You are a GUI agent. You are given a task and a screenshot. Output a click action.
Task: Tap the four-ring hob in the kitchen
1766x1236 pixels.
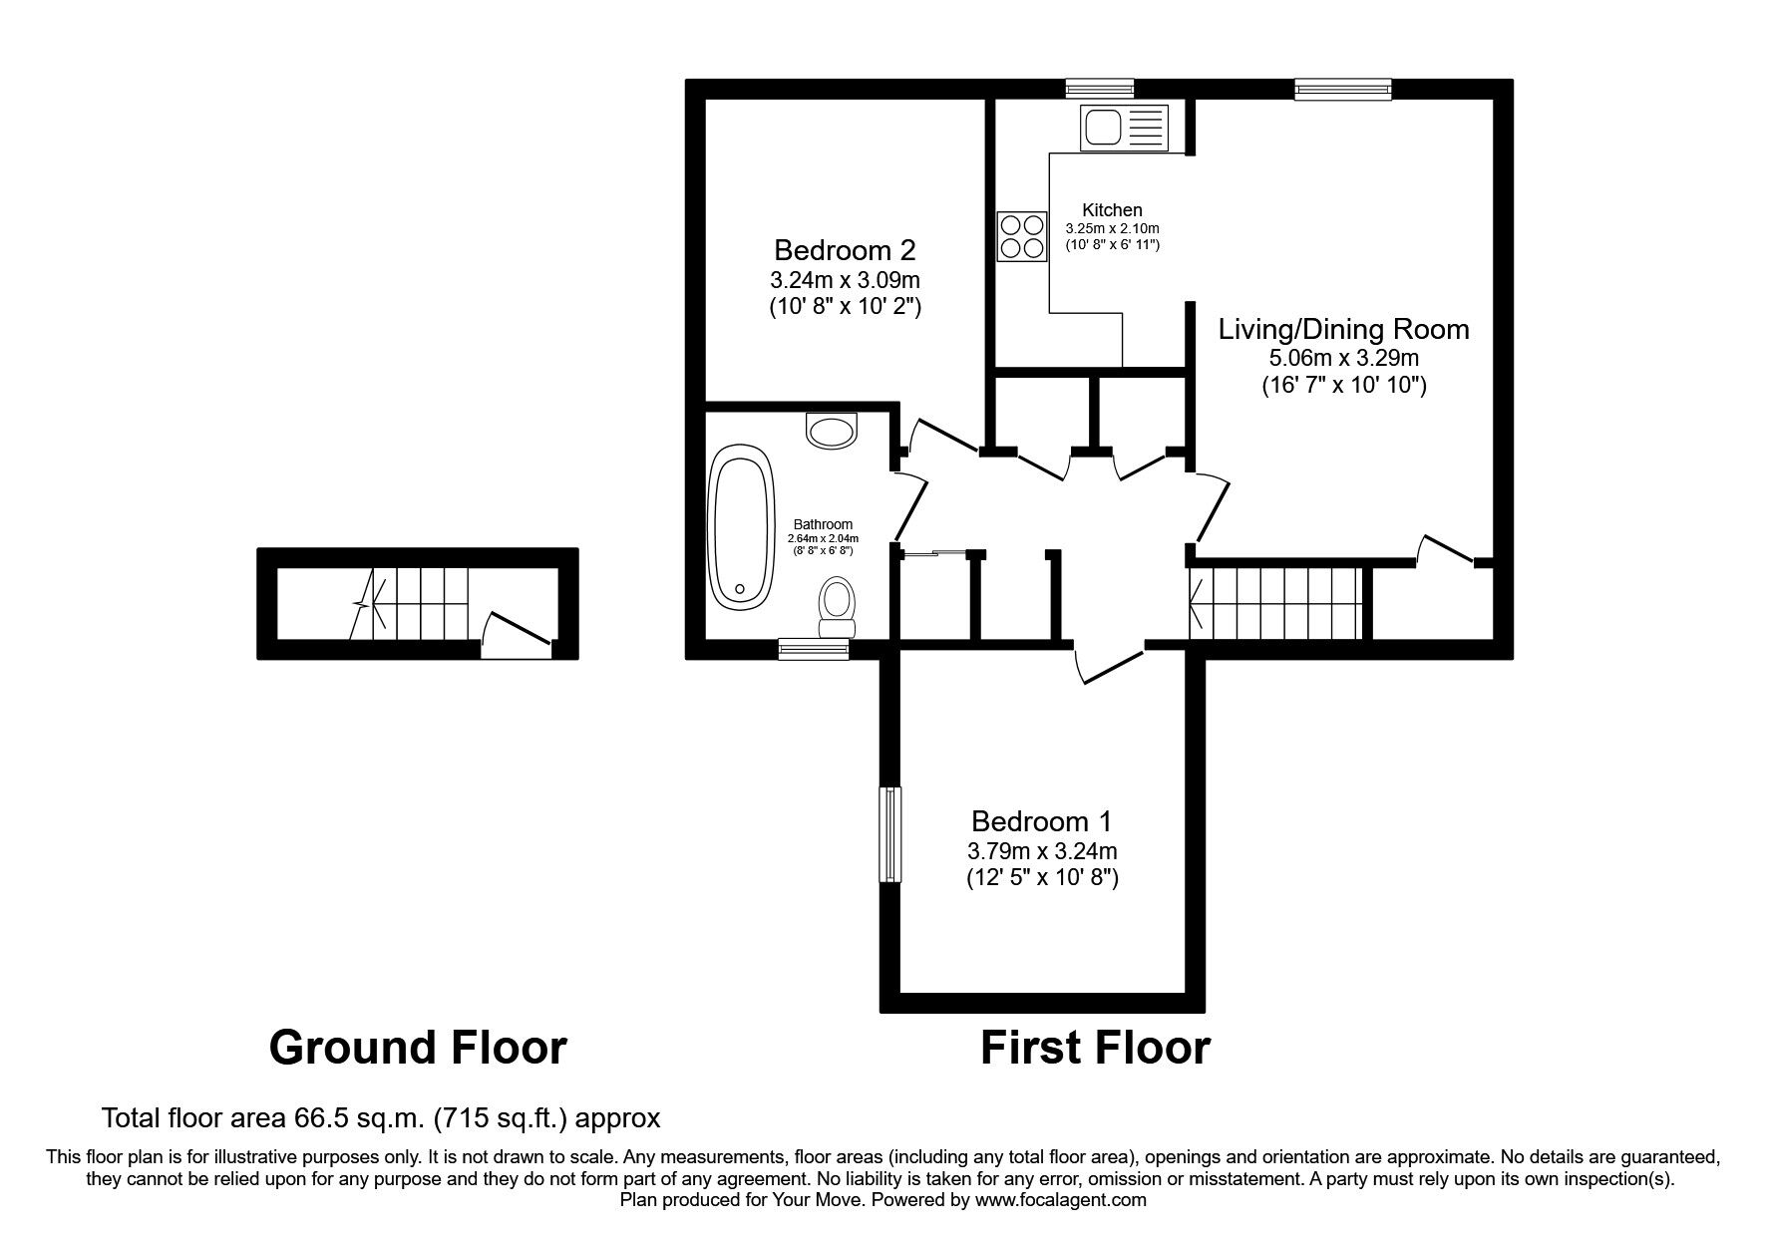tap(1022, 237)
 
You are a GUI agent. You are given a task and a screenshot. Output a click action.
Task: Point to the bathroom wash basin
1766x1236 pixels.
tap(832, 431)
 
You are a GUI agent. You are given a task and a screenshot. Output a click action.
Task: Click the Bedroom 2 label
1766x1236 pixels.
tap(845, 249)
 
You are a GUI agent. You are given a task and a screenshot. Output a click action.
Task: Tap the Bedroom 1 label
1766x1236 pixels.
tap(1041, 821)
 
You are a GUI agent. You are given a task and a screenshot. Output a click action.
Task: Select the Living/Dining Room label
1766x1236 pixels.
tap(1343, 329)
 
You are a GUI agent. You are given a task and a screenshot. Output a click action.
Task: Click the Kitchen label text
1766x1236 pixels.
tap(1112, 210)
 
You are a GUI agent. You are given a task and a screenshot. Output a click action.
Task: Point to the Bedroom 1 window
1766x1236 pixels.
tap(889, 834)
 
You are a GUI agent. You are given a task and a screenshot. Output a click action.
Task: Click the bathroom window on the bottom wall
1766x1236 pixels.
tap(813, 650)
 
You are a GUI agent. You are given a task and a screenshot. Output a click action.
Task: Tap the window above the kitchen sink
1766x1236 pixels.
tap(1099, 89)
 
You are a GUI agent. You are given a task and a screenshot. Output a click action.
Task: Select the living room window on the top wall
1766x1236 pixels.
tap(1342, 89)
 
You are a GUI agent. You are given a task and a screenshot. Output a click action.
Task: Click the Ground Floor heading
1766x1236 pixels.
tap(418, 1048)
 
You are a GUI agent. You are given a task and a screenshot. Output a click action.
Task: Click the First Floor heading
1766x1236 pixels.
tap(1095, 1048)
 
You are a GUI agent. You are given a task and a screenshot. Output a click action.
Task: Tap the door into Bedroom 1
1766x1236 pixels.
tap(1110, 664)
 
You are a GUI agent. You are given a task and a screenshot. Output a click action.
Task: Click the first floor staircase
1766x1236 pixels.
tap(1276, 603)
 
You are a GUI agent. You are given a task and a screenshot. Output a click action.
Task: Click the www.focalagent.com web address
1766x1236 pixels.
tap(1060, 1200)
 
